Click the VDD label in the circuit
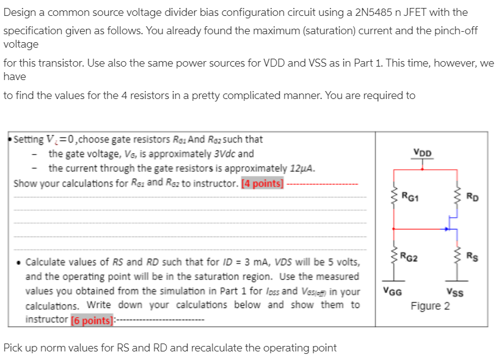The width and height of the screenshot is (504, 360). coord(422,153)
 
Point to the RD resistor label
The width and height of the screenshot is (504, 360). coord(472,197)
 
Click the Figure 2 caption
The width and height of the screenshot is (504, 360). coord(430,306)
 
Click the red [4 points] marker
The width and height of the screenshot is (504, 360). coord(263,183)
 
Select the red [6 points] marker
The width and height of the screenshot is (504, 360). coord(92,319)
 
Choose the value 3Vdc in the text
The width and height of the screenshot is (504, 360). coord(239,153)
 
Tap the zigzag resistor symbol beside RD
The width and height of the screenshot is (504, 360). coord(455,197)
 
